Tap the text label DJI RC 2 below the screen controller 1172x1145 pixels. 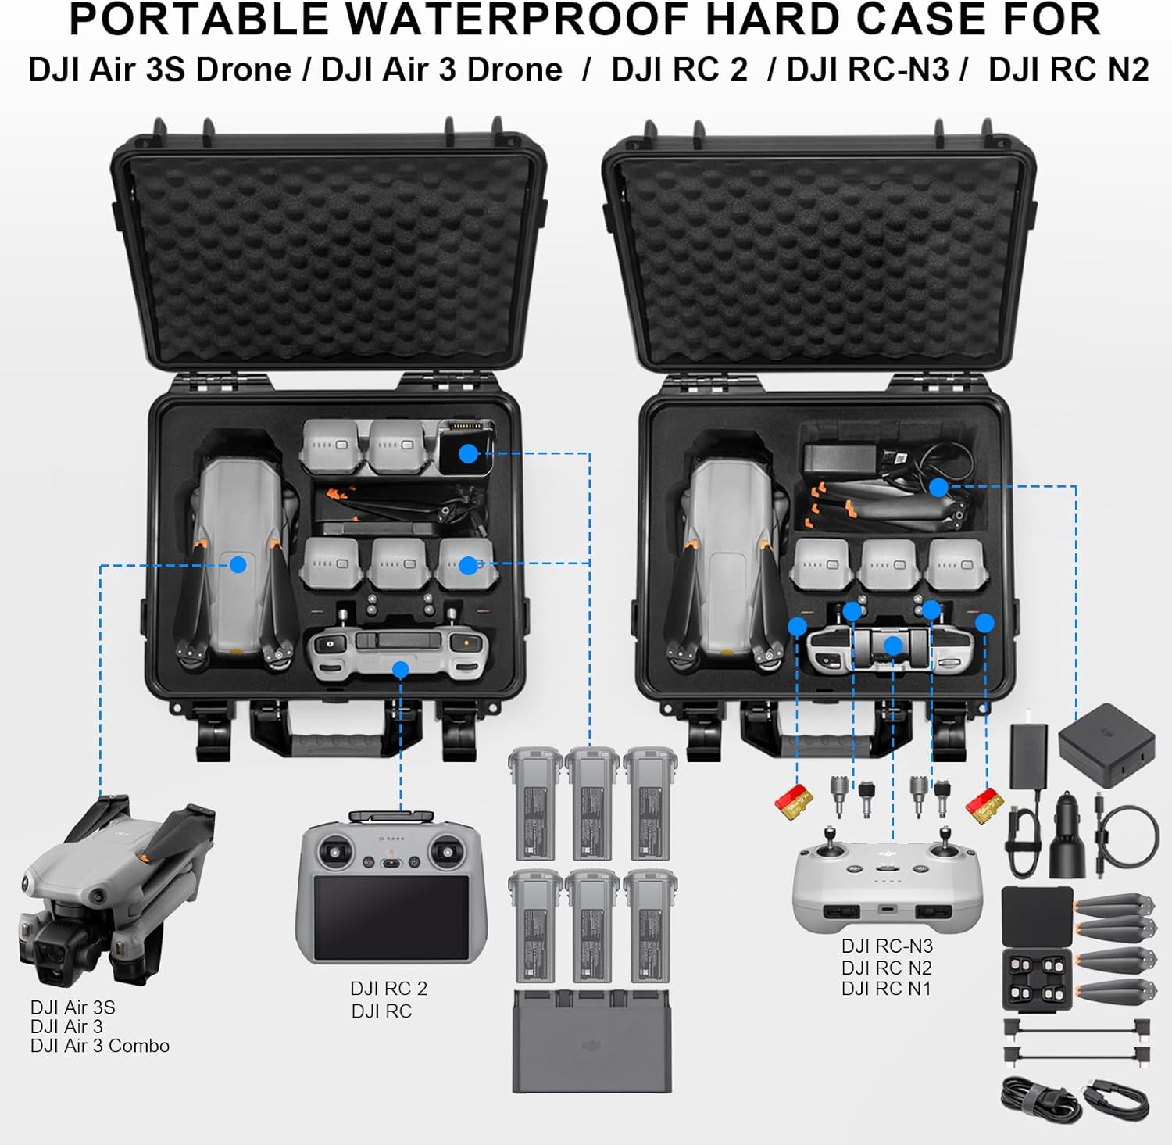[389, 989]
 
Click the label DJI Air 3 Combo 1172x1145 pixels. [100, 1046]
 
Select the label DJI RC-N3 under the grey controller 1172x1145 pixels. [887, 946]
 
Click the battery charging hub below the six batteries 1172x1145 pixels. [592, 1042]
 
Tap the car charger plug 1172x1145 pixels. [1067, 836]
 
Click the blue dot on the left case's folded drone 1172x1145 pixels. [238, 564]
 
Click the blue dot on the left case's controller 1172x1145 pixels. [401, 670]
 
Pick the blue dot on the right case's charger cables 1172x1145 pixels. [938, 488]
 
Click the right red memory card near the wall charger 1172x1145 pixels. [984, 803]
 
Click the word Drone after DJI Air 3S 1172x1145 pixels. [244, 70]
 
